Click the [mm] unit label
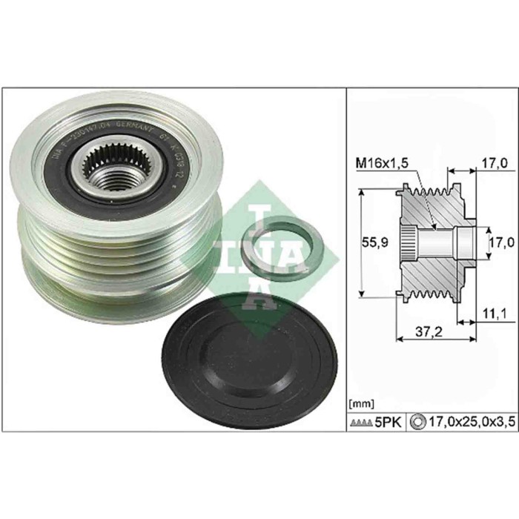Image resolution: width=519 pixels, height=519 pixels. tap(359, 404)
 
